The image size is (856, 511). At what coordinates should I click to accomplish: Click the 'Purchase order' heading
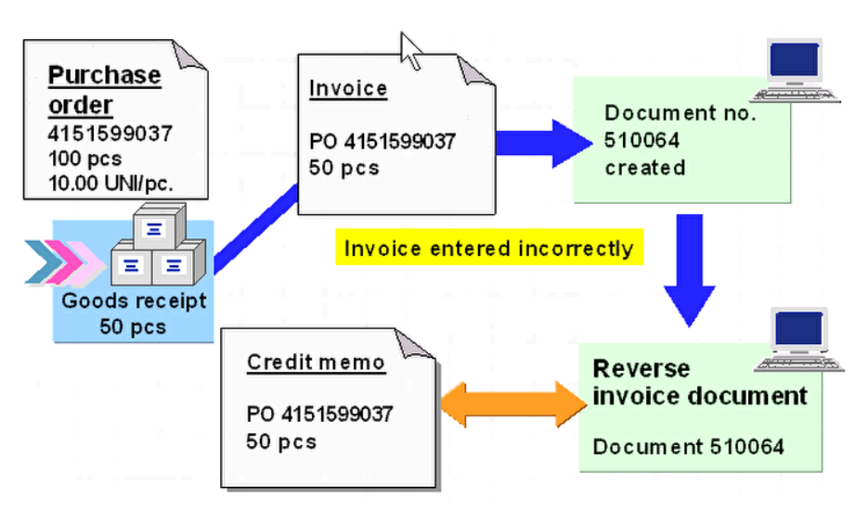(x=104, y=89)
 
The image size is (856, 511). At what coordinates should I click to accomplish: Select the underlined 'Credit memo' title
(x=316, y=362)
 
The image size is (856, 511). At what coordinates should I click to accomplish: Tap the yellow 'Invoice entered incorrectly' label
(x=488, y=249)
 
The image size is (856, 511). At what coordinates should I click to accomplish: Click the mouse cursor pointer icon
(x=410, y=50)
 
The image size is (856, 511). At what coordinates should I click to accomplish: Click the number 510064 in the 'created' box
(x=642, y=141)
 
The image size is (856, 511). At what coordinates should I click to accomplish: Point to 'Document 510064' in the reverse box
(x=688, y=446)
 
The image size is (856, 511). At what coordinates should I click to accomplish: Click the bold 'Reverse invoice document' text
(x=699, y=382)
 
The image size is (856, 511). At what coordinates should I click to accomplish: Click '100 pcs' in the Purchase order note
(x=84, y=157)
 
